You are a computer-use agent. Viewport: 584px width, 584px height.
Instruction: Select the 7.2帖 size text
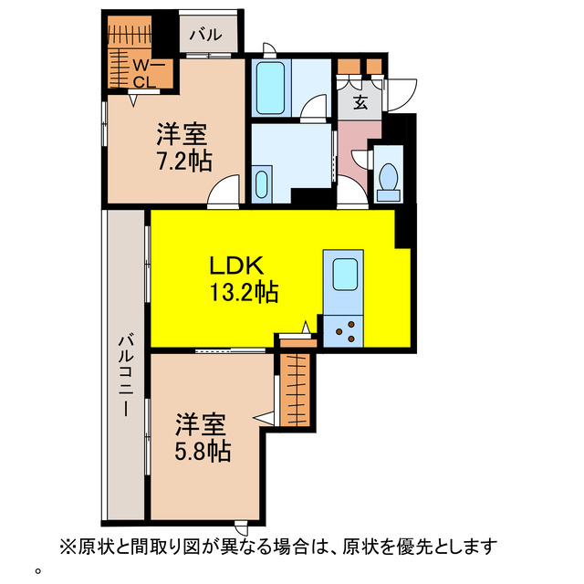[182, 162]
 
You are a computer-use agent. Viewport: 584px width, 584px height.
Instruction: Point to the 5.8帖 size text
[203, 450]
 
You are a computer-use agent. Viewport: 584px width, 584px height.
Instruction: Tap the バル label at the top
[205, 36]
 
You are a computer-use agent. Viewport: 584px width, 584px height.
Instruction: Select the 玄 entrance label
[360, 102]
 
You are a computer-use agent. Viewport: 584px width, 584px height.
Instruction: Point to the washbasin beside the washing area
[263, 182]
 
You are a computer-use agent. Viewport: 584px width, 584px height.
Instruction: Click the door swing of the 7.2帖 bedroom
[224, 193]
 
